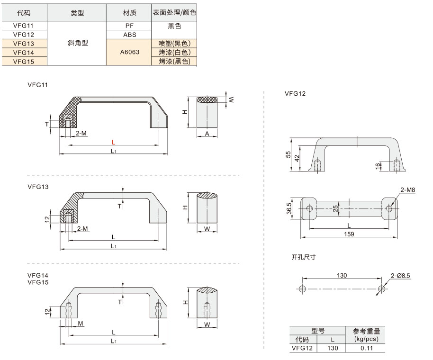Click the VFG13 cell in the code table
24,44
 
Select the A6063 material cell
129,52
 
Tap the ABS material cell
129,35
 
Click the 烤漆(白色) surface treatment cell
174,53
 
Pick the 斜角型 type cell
77,43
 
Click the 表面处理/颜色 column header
174,12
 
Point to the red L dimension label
113,143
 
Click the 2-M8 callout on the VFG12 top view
407,190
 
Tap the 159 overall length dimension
349,234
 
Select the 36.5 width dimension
289,209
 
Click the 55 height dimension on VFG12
289,154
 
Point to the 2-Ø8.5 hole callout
400,276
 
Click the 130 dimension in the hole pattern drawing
342,275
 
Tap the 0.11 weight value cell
367,348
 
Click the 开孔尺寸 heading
304,257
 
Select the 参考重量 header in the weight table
366,331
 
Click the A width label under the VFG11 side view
207,134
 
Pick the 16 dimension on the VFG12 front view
378,166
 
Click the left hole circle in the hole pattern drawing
302,289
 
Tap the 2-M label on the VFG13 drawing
82,229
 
